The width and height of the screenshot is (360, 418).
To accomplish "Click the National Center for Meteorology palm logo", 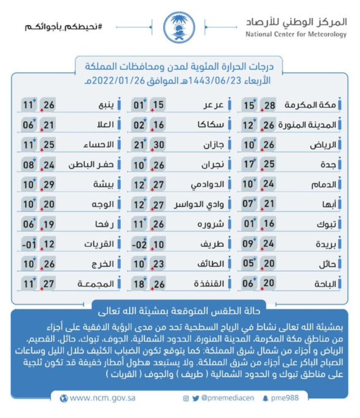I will click(179, 27).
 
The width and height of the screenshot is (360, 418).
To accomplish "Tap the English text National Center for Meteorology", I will click(296, 35).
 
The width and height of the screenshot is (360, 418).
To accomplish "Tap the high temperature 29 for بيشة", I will click(49, 185).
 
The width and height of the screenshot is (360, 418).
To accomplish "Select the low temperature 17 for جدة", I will click(249, 165).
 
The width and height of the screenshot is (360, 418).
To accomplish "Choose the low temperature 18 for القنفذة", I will click(138, 284).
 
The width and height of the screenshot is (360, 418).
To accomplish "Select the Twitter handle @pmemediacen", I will click(227, 398).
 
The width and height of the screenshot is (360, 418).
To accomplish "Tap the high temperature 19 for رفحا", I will click(49, 225).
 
